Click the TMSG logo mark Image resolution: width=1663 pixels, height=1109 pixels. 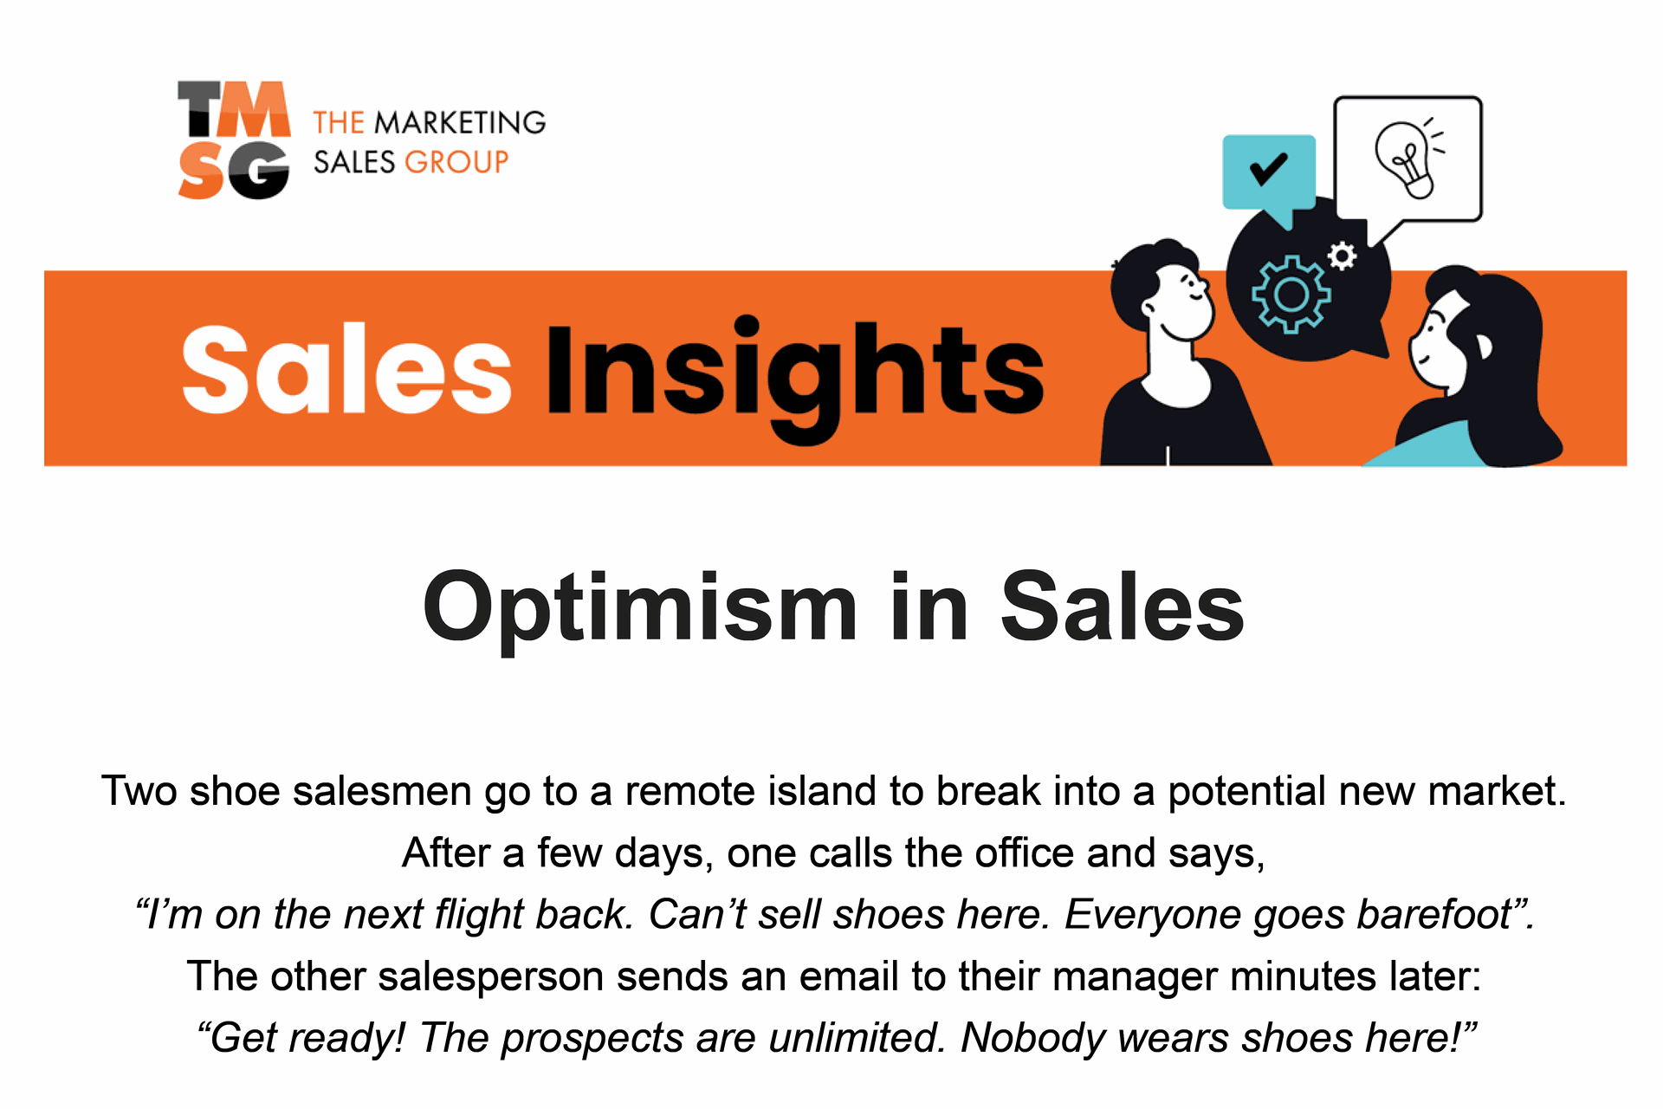click(x=234, y=140)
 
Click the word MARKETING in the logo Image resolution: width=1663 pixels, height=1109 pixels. click(x=460, y=123)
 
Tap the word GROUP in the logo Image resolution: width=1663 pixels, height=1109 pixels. click(x=456, y=162)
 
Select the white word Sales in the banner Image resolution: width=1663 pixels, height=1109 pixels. click(x=346, y=370)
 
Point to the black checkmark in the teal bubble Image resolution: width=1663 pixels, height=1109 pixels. click(x=1268, y=169)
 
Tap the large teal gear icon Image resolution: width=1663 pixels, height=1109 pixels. click(x=1291, y=295)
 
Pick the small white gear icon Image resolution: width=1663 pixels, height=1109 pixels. click(x=1343, y=256)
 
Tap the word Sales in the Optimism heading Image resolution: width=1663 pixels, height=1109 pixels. click(x=1123, y=607)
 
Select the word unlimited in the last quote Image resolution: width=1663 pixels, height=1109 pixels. click(x=856, y=1038)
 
